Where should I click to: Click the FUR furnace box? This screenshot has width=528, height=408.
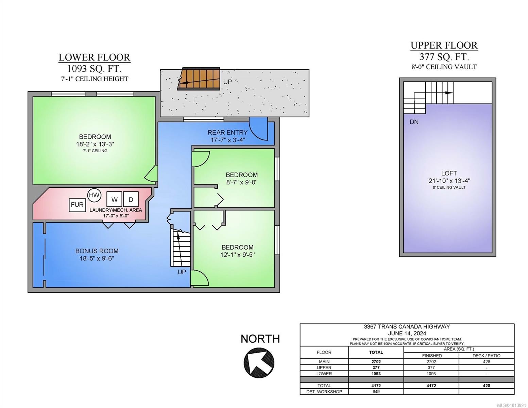coord(77,205)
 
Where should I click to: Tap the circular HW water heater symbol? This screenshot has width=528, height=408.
coord(94,195)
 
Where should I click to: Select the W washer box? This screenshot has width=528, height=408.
coord(114,199)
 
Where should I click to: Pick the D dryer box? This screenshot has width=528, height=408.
coord(131,199)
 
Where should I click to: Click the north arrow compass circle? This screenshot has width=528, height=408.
coord(259,363)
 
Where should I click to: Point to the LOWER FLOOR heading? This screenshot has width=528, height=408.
coord(94,57)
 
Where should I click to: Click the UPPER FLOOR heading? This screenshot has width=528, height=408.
coord(444,45)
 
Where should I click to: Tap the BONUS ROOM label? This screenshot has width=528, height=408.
coord(97,251)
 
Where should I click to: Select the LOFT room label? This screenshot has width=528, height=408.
coord(449,173)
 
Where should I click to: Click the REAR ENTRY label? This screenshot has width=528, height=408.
coord(227,132)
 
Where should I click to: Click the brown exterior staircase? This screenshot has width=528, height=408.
coord(199,79)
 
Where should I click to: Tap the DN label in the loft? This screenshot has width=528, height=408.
coord(414,122)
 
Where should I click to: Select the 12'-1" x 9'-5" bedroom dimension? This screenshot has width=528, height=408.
coord(237,255)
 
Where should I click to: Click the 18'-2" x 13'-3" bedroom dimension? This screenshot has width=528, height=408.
coord(95,144)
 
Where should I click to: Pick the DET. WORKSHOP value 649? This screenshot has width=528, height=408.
coord(376,392)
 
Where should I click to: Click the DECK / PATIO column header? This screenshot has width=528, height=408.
coord(486,356)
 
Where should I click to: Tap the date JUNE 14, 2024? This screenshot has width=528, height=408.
coord(407,333)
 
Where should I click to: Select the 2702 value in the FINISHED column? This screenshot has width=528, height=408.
coord(431,362)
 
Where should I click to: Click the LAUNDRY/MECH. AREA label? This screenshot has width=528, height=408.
coord(116,210)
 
